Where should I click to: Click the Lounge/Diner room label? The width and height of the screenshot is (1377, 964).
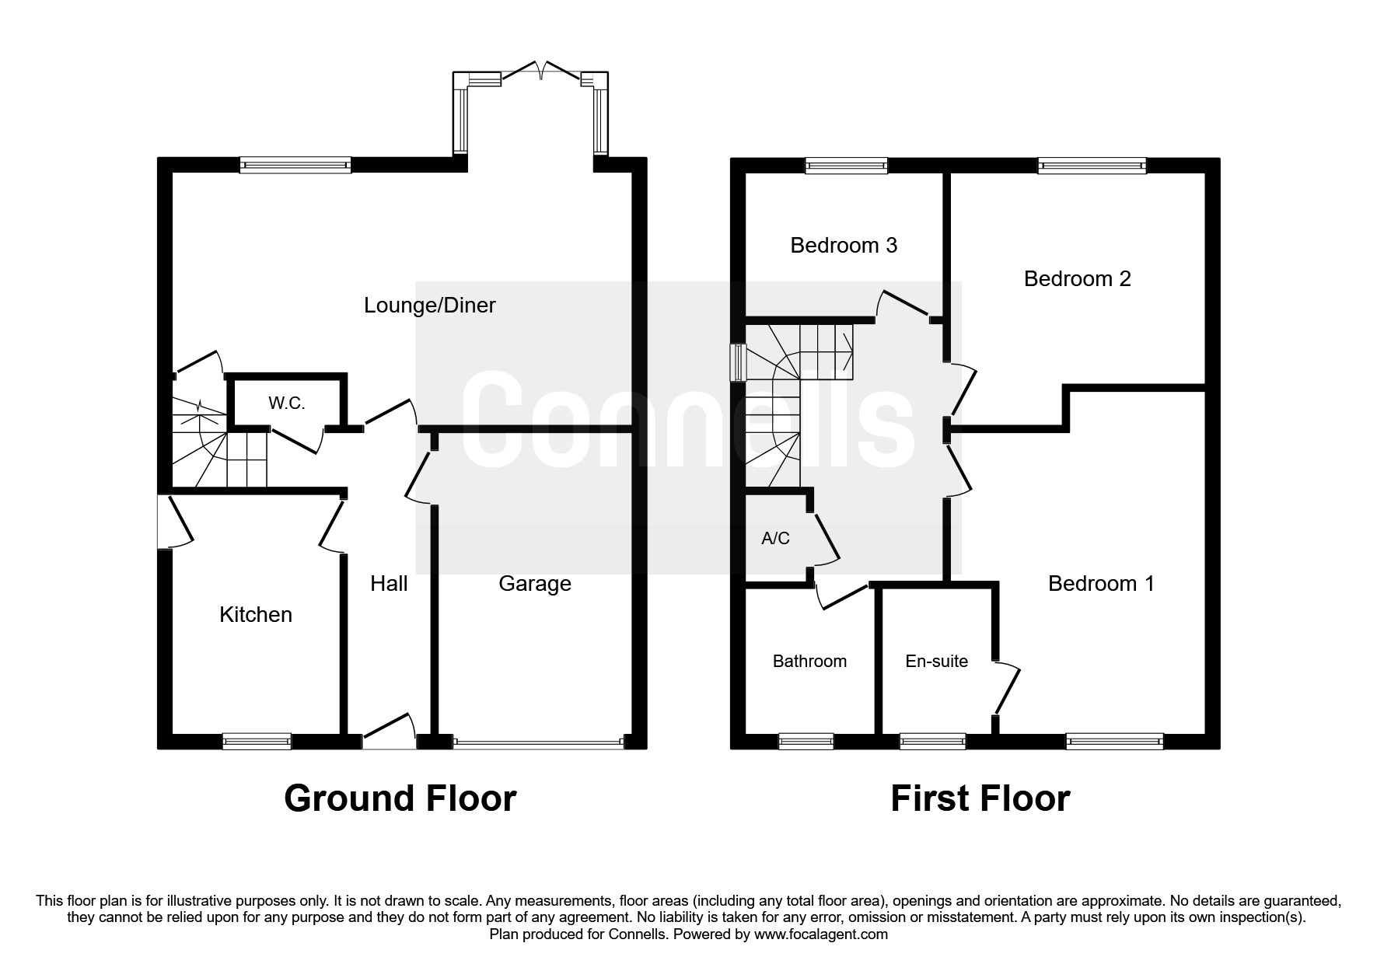click(429, 306)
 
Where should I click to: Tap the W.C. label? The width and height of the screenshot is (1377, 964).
click(286, 403)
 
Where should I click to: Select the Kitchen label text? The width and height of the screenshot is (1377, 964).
click(256, 615)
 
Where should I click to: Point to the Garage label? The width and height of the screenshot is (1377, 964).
click(535, 584)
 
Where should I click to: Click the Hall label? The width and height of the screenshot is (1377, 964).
click(389, 584)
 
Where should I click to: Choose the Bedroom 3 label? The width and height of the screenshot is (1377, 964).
click(844, 246)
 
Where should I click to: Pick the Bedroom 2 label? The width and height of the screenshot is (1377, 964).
click(1077, 279)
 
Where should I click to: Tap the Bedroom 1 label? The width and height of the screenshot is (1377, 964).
click(1101, 584)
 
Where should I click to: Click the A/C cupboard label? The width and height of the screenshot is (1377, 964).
click(775, 538)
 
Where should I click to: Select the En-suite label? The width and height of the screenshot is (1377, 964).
click(936, 662)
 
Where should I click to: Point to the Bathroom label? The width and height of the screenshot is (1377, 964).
click(809, 662)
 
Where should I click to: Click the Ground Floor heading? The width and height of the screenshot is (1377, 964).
click(400, 798)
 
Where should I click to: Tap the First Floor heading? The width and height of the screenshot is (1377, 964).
click(980, 798)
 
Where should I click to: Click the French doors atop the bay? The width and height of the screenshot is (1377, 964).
click(541, 72)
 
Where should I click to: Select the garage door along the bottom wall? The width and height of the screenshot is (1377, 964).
click(538, 743)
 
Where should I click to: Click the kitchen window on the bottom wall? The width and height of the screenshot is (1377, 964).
click(257, 742)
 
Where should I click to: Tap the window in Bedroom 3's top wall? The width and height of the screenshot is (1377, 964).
click(846, 165)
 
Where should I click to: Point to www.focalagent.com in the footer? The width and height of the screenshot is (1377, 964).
click(820, 934)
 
